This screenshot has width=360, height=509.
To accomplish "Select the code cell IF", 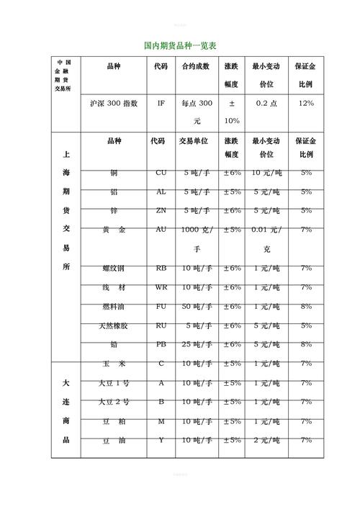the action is coord(161,104).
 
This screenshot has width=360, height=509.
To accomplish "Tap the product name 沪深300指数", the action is coord(114,104).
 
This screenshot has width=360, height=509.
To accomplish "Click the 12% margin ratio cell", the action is coord(305,104).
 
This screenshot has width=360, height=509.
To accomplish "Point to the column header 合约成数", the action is coord(196,66).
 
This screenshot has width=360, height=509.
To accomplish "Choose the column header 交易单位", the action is coord(194,141).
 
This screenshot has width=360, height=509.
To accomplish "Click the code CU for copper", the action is coord(161,173).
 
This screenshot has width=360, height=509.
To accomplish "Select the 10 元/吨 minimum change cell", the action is coord(266,173).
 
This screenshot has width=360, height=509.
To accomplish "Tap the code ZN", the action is coord(161,210).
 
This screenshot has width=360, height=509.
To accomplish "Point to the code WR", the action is coord(161,287).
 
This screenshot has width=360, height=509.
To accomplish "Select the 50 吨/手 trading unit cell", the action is coord(196,306).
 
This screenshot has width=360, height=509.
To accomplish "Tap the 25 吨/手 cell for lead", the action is coord(196,344).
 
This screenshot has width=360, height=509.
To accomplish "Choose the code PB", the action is coord(161,344).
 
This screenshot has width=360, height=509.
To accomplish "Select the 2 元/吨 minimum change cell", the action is coord(266,439).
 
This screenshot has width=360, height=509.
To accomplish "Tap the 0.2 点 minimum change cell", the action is coord(266,104).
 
